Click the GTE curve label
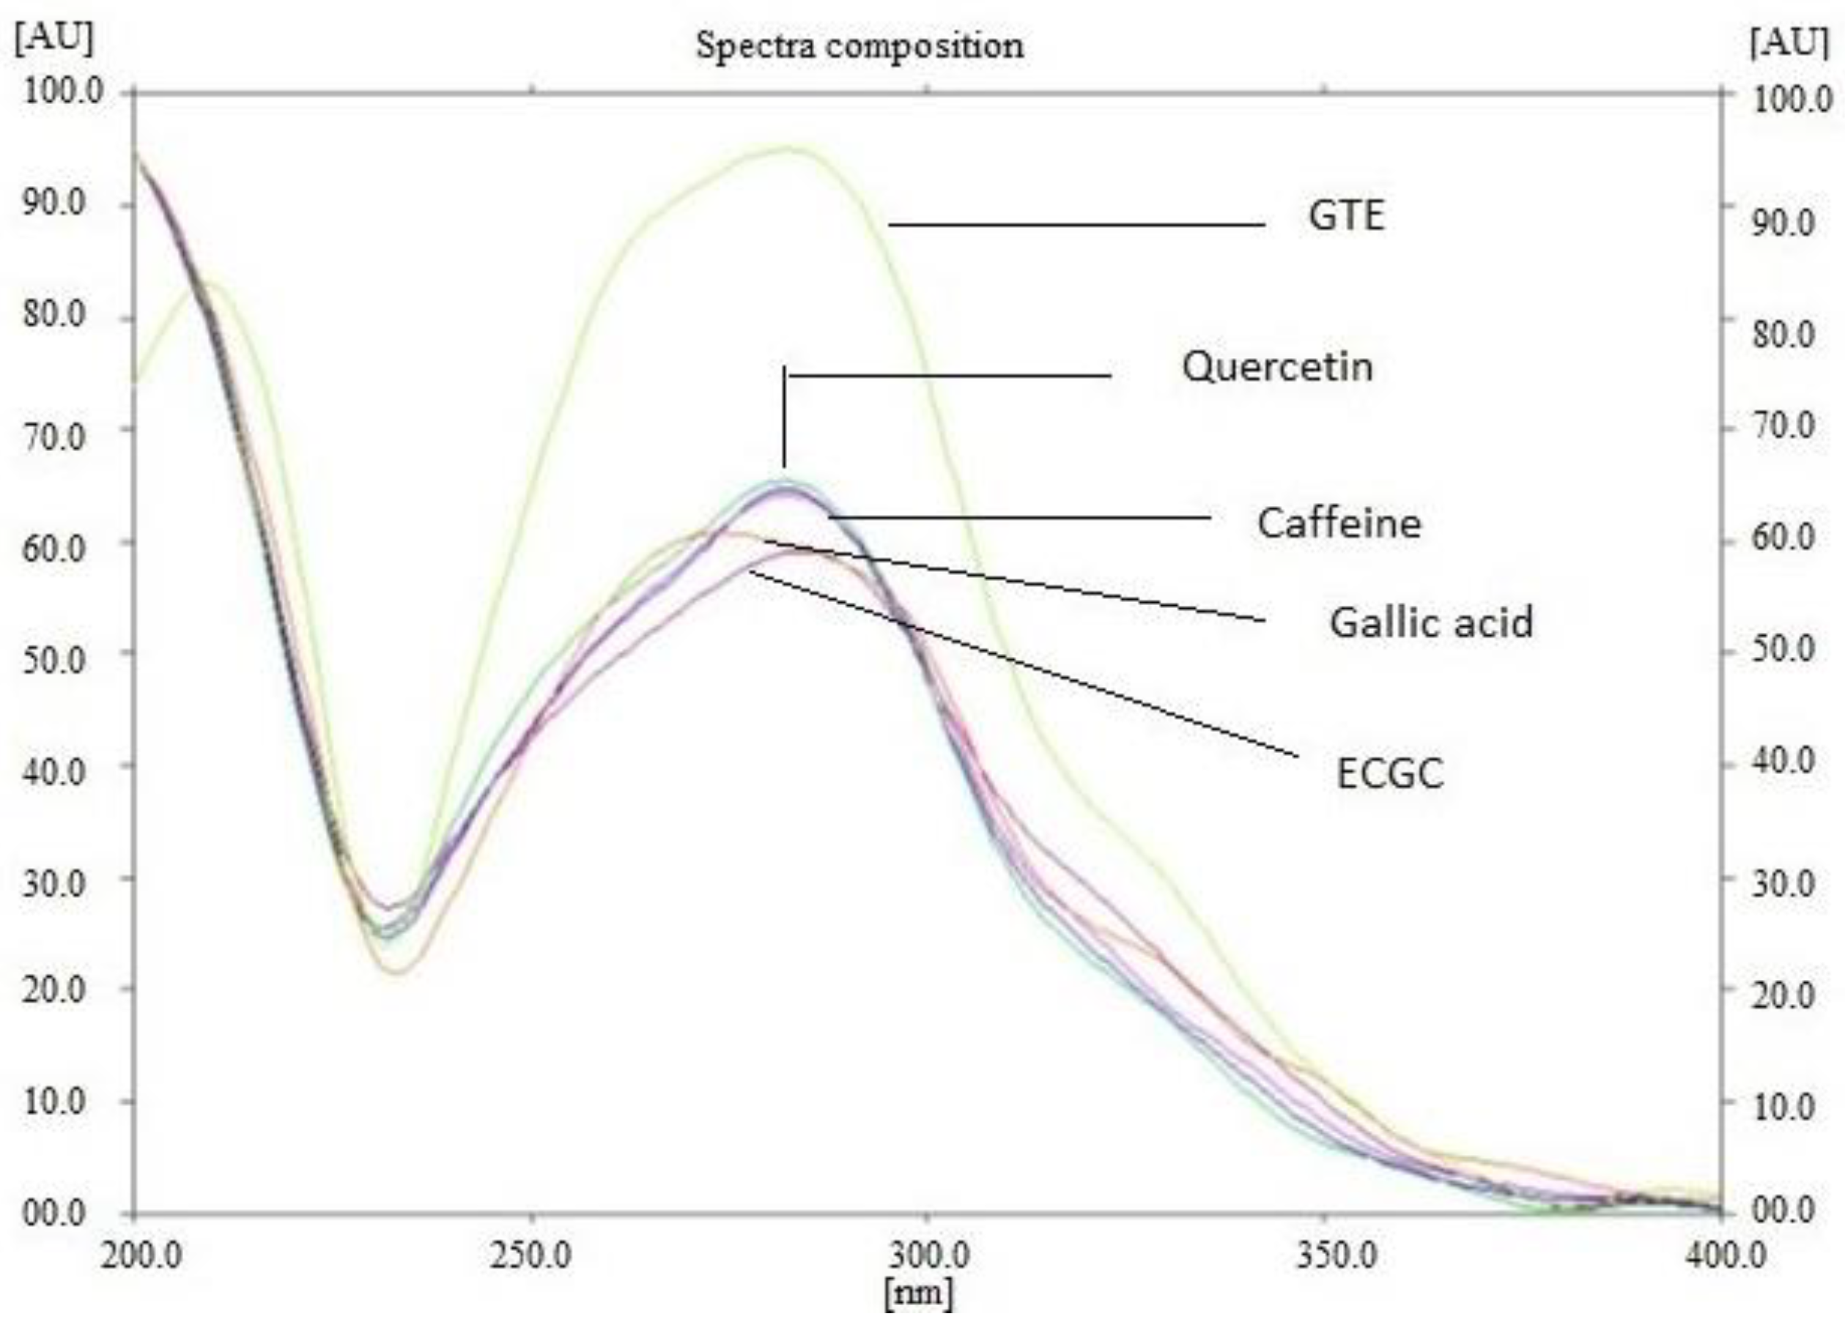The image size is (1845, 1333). click(1345, 216)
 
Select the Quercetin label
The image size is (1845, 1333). click(1277, 367)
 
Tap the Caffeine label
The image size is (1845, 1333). click(1339, 523)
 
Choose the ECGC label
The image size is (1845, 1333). click(1389, 773)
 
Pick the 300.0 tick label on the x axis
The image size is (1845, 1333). click(928, 1256)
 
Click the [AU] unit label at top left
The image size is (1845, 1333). click(53, 39)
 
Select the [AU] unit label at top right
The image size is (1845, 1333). click(1788, 42)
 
